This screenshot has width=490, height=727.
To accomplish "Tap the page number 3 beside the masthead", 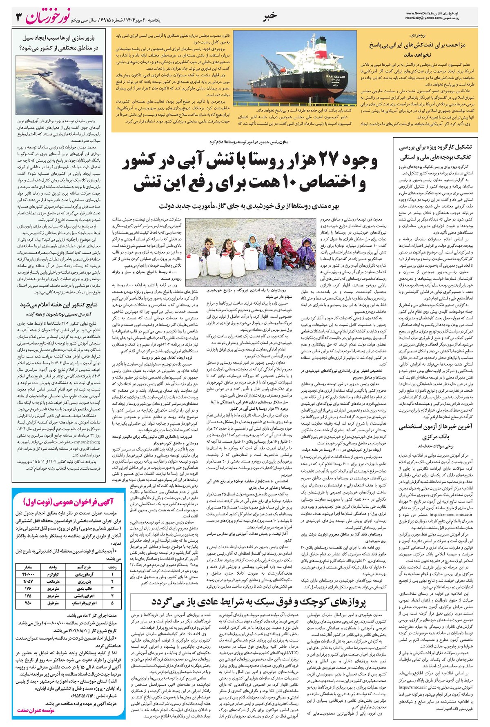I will point(18,17).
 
